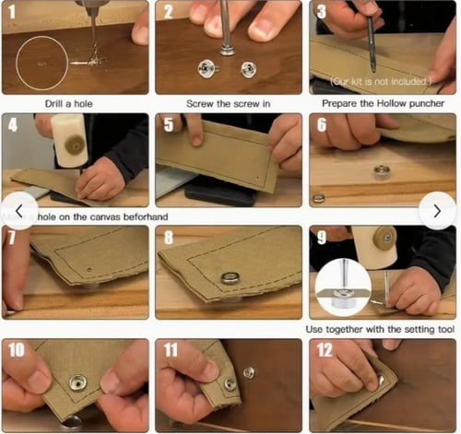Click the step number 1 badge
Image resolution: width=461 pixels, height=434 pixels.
[14, 13]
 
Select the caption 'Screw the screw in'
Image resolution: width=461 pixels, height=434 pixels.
[228, 103]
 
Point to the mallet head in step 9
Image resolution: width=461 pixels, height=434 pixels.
[373, 246]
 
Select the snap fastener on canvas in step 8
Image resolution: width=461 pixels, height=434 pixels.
[230, 277]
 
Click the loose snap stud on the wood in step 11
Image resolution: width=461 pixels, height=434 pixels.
[249, 372]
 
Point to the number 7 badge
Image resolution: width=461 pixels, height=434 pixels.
[13, 238]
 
